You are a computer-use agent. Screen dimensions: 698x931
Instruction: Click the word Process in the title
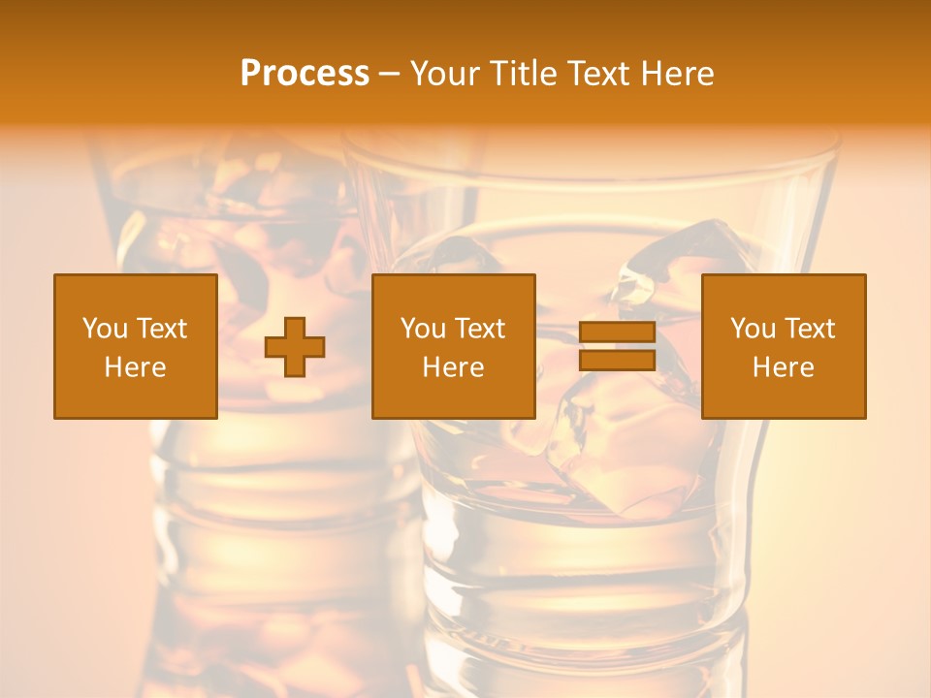[305, 74]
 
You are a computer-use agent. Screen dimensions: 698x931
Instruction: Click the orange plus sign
[295, 347]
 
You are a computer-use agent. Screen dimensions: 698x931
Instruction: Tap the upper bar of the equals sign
[617, 333]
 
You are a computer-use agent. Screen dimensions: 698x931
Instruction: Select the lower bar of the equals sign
[617, 360]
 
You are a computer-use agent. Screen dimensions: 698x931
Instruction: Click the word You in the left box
[105, 329]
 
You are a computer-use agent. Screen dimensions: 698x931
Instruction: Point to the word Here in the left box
[135, 367]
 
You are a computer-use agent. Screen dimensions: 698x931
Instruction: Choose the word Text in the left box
[161, 329]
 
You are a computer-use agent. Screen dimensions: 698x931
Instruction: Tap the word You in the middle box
[423, 329]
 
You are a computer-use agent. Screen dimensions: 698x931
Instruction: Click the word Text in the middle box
[479, 329]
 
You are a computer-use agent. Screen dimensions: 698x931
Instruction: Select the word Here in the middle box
[453, 367]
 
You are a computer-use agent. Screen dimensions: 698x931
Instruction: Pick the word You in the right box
[753, 329]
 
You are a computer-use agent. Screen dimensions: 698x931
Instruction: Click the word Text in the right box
[809, 329]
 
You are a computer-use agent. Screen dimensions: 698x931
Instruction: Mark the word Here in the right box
[783, 367]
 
